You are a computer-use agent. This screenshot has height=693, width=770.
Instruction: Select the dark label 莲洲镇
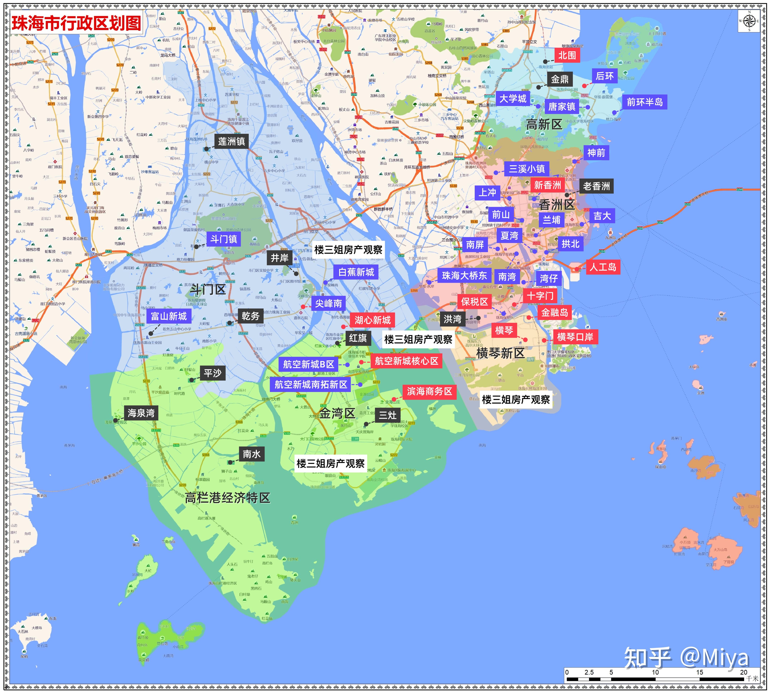point(231,141)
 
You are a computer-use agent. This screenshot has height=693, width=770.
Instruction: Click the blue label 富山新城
point(169,316)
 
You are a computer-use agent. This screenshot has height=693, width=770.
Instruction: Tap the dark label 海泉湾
point(141,413)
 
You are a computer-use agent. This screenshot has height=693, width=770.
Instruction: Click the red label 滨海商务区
point(429,391)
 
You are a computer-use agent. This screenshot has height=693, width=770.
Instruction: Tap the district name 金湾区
point(337,413)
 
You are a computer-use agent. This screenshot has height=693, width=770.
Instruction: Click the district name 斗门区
point(208,289)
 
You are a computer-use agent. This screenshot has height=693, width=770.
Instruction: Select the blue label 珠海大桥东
point(464,275)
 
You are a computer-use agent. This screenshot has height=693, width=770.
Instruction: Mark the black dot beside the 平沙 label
point(192,380)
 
